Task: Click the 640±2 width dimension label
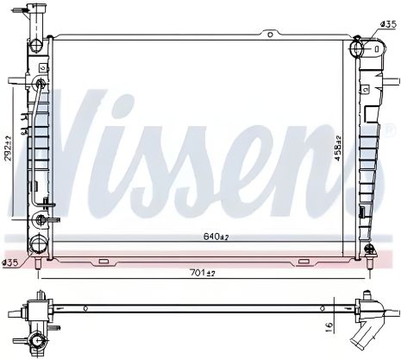pyautogui.click(x=216, y=237)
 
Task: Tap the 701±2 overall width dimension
pyautogui.click(x=203, y=272)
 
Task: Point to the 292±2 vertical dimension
pyautogui.click(x=8, y=148)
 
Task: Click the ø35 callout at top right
pyautogui.click(x=388, y=24)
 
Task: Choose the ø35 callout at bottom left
pyautogui.click(x=9, y=262)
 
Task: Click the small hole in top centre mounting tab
pyautogui.click(x=270, y=35)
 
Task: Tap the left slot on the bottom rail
pyautogui.click(x=103, y=262)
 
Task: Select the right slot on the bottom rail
pyautogui.click(x=304, y=262)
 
